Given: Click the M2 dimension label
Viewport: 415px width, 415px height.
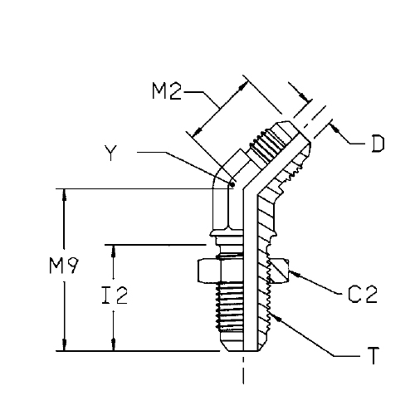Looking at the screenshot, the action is click(x=167, y=91).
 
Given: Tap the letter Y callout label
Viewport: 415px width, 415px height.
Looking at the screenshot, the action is click(x=110, y=153).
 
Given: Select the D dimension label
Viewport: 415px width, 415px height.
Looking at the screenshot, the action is click(x=378, y=144).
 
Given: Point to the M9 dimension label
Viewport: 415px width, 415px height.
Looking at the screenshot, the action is click(x=64, y=266).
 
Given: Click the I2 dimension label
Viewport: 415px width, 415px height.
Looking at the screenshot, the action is click(x=115, y=295).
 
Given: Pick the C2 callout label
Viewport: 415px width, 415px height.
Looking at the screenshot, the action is click(x=363, y=294).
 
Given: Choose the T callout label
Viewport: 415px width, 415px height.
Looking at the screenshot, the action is click(x=373, y=356).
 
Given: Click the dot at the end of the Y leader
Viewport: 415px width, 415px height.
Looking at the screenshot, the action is click(x=232, y=184).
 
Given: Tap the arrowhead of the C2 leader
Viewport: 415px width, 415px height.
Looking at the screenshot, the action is click(x=294, y=274).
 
